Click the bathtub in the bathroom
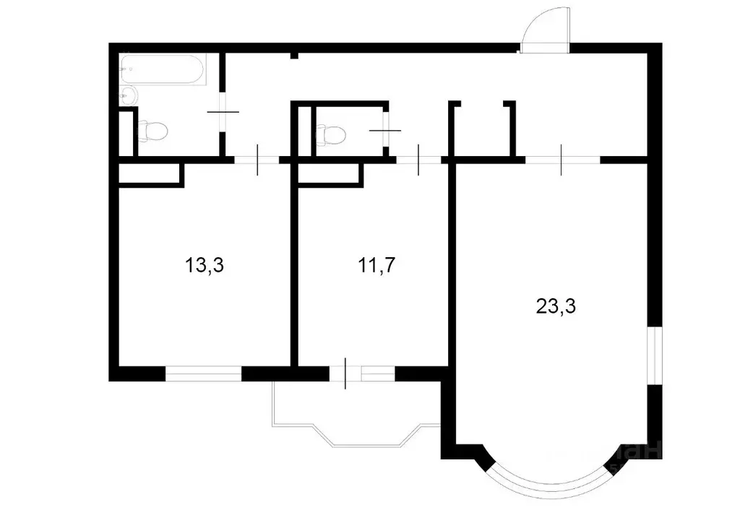click(162, 70)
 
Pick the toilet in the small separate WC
click(332, 134)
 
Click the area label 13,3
click(205, 265)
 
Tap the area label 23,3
click(556, 306)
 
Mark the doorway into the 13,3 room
click(257, 160)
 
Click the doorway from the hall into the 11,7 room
click(418, 160)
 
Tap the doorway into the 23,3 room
click(562, 160)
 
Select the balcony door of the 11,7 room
click(345, 373)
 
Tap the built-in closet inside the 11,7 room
click(330, 174)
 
